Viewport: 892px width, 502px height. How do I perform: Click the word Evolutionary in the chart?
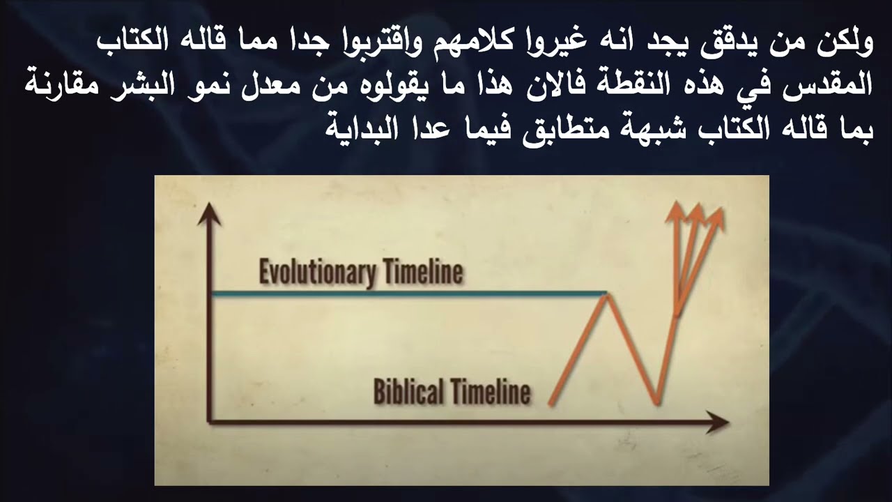click(x=317, y=273)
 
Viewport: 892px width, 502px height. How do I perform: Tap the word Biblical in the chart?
click(x=408, y=391)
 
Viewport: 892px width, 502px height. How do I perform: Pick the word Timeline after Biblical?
click(x=491, y=391)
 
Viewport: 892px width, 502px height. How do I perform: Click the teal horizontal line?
click(x=409, y=294)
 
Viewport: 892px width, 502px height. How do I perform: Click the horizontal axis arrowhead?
click(x=717, y=422)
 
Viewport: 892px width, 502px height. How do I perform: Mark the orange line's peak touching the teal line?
click(x=606, y=296)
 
